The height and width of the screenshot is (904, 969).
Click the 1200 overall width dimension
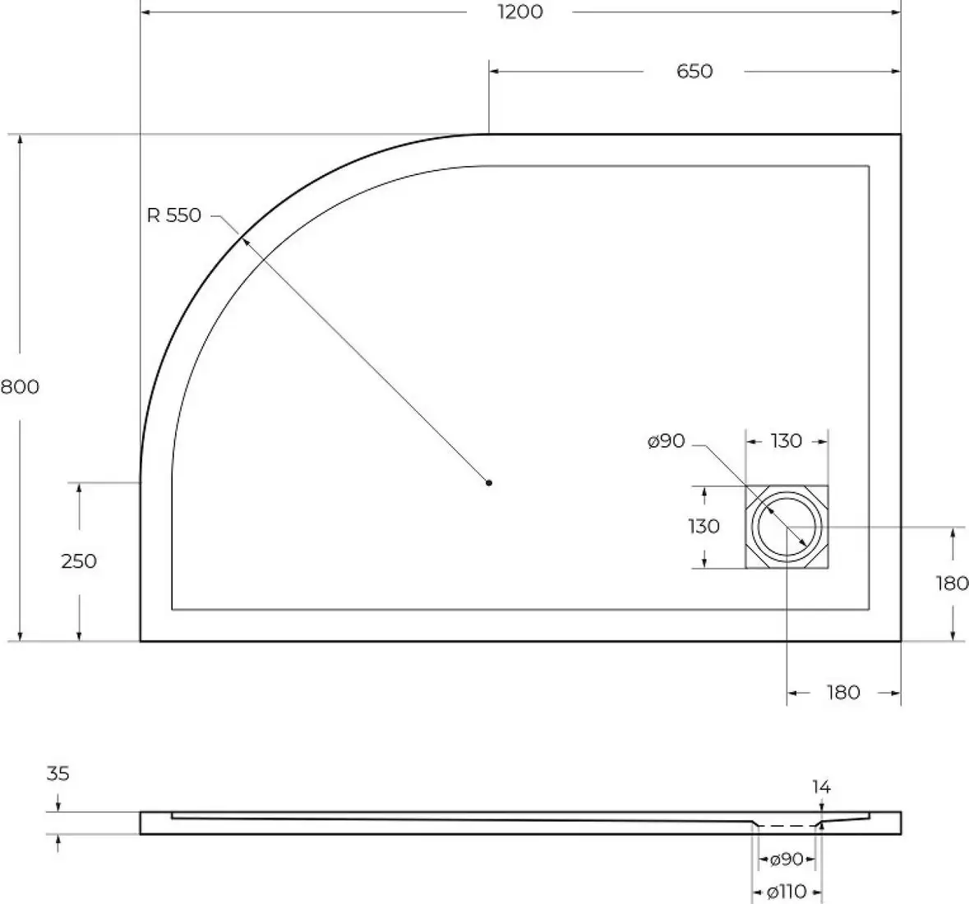(x=520, y=12)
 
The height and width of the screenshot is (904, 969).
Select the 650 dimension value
(x=694, y=71)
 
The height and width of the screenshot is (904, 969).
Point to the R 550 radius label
(x=173, y=216)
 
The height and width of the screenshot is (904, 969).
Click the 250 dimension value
(x=79, y=561)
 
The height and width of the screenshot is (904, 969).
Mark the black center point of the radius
(x=489, y=483)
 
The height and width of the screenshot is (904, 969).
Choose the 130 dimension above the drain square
(x=787, y=441)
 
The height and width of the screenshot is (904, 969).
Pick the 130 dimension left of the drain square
(x=704, y=526)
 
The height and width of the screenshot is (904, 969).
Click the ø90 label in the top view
(x=666, y=441)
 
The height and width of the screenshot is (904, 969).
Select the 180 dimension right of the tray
(x=952, y=583)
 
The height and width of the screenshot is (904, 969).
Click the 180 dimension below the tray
(x=842, y=693)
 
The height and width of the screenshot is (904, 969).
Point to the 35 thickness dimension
(x=58, y=774)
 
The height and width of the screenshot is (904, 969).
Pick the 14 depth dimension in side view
(x=821, y=787)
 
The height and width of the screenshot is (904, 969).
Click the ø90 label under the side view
(x=786, y=860)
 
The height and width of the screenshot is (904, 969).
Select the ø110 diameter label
(x=786, y=892)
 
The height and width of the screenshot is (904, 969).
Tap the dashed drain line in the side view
(x=787, y=824)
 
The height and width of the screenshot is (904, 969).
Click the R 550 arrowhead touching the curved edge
(x=242, y=238)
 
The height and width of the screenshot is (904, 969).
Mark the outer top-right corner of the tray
(x=901, y=134)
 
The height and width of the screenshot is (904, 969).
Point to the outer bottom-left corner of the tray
(x=141, y=640)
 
